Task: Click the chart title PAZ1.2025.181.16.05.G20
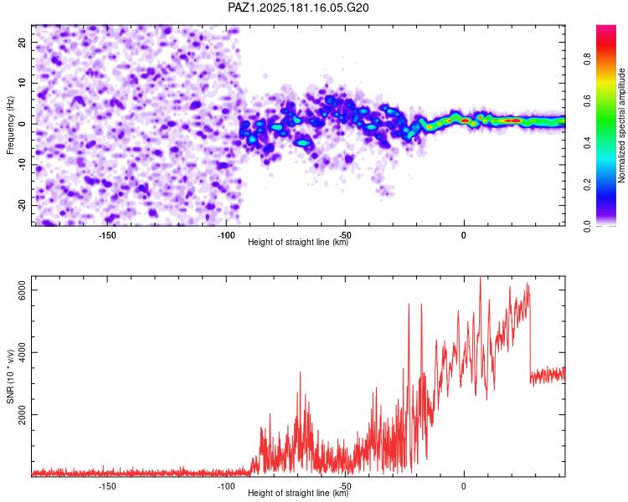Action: click(x=298, y=8)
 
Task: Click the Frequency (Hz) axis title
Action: click(x=10, y=125)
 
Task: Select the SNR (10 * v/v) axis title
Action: click(x=10, y=376)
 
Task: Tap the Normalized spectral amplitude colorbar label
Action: click(x=621, y=125)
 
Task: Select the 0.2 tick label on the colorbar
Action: click(x=587, y=184)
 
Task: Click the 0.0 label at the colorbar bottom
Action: click(x=587, y=226)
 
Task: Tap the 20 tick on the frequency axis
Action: click(x=22, y=42)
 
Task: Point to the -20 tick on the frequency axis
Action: click(x=22, y=205)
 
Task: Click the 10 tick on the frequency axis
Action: click(x=22, y=83)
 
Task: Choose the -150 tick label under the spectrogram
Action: click(x=107, y=235)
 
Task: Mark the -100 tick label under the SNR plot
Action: click(x=226, y=486)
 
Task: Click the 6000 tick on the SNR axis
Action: click(x=22, y=289)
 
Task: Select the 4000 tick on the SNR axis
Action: click(x=22, y=352)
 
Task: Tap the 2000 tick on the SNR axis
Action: click(x=22, y=415)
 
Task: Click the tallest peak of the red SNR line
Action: click(x=481, y=278)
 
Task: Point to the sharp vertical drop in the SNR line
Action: click(x=530, y=341)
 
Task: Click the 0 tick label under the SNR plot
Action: click(x=464, y=486)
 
